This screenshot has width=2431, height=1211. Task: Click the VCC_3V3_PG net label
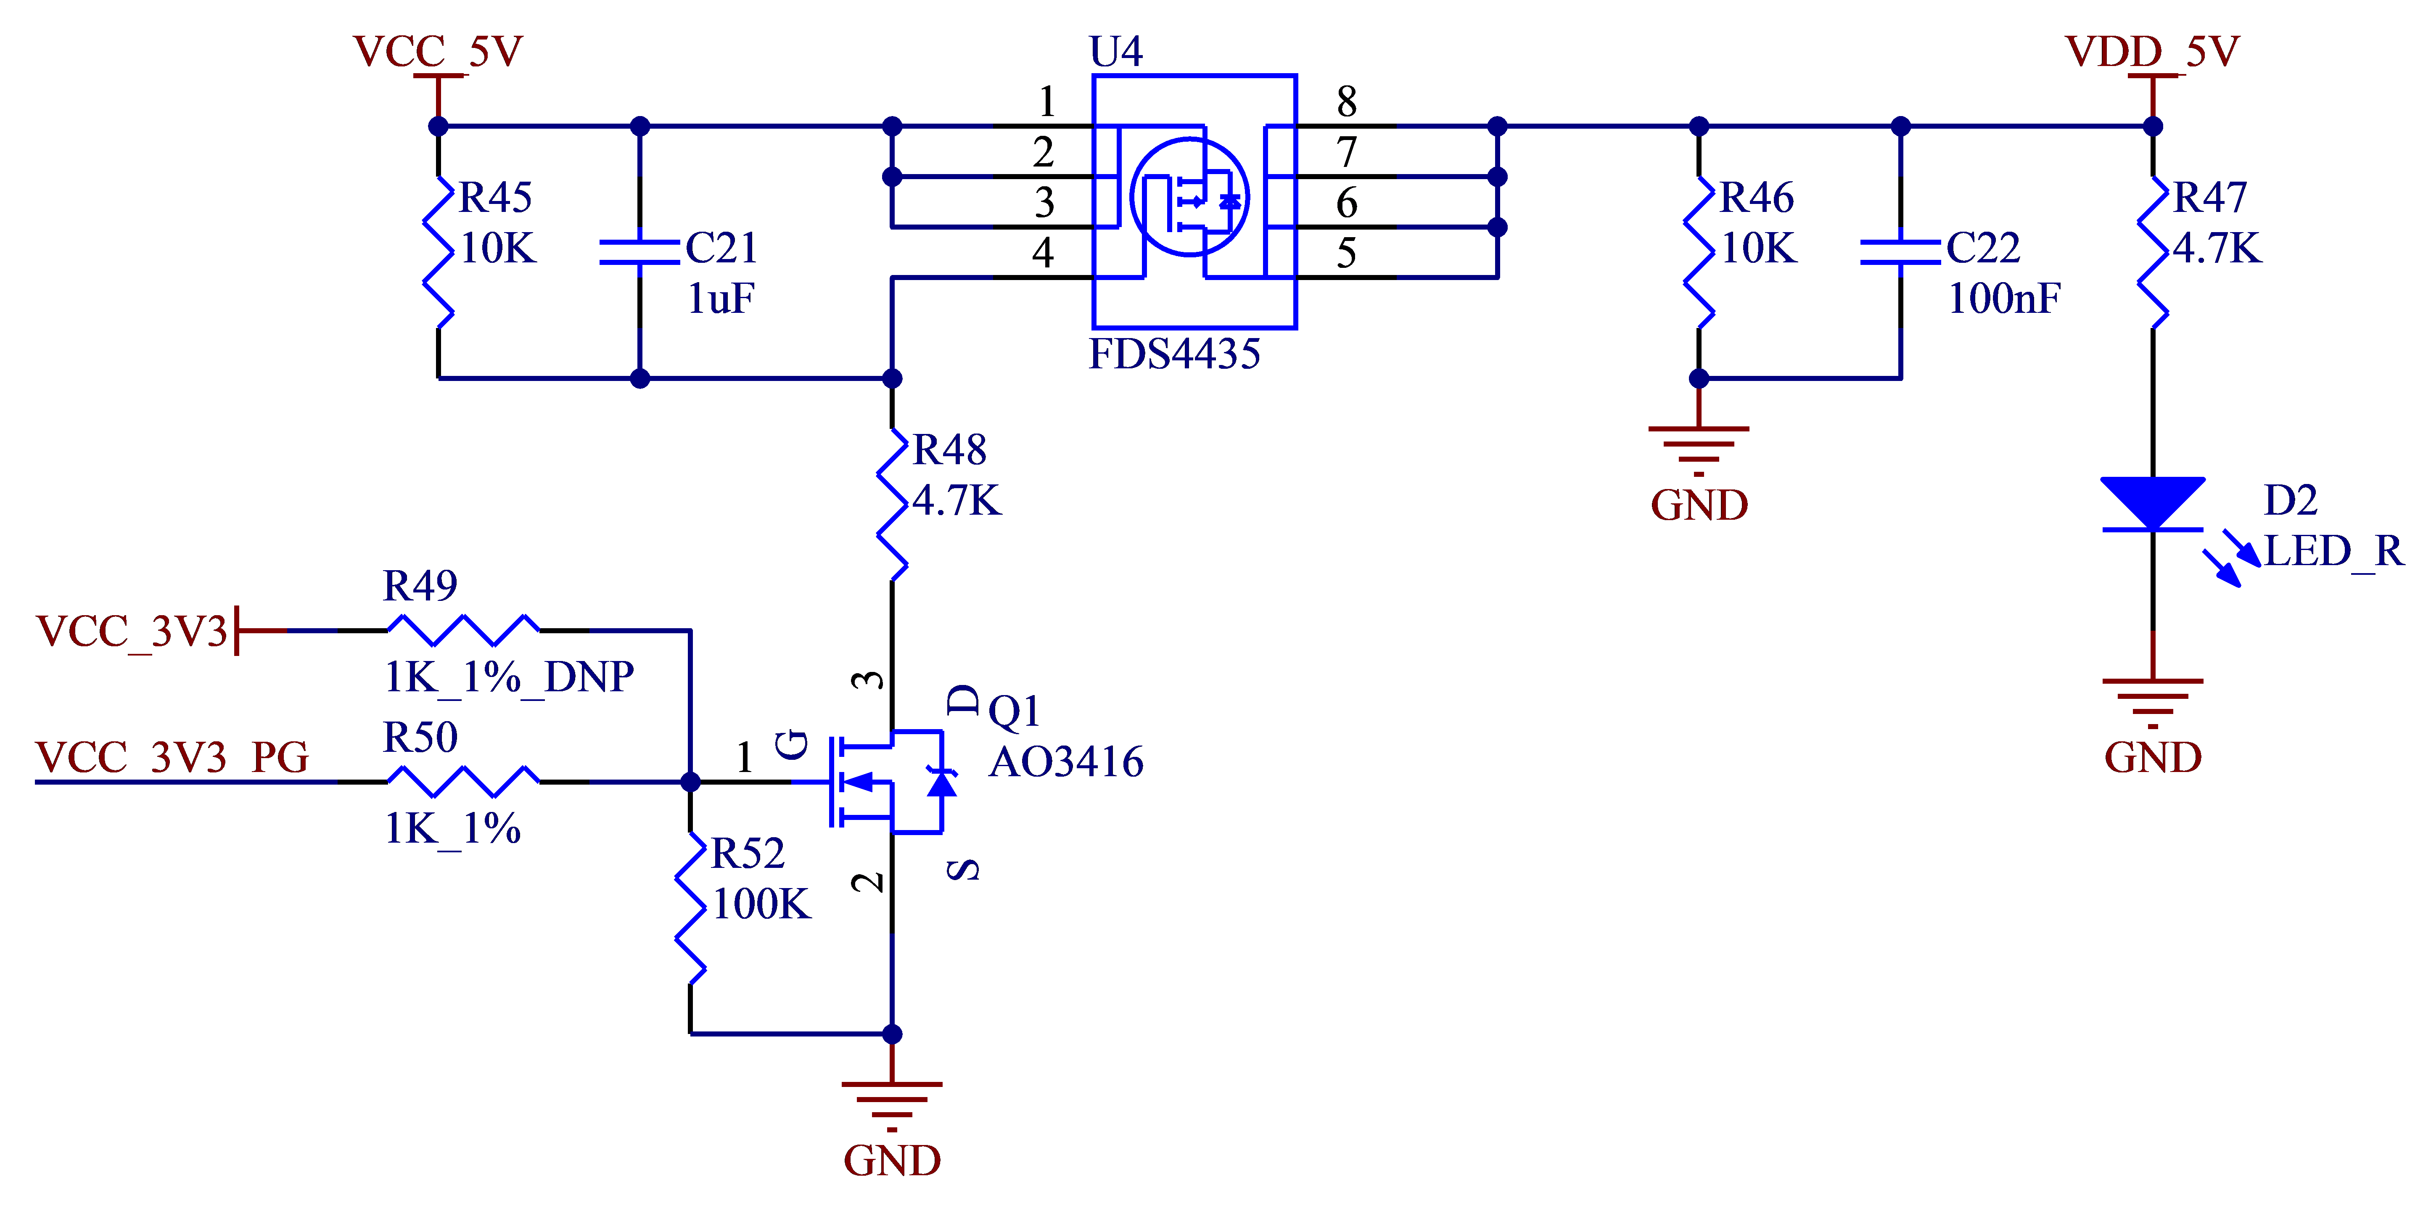[173, 758]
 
